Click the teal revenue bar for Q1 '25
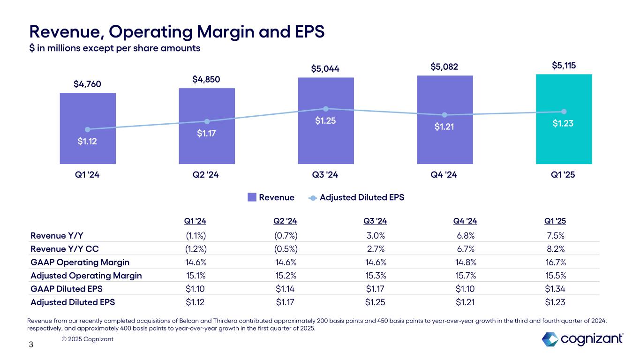564,141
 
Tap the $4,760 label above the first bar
88,84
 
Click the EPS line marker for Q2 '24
207,121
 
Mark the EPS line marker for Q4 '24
444,115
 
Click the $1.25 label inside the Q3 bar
325,121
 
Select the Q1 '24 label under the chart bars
88,175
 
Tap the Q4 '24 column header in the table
465,221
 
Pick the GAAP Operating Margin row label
80,262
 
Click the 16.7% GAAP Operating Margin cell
555,262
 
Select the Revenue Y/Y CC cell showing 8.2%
555,248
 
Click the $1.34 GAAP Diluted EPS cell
555,289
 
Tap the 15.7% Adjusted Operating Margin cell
465,276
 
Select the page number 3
31,345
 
